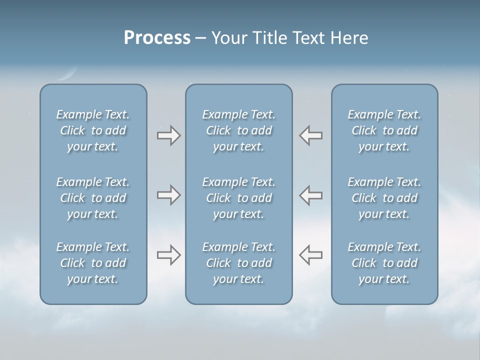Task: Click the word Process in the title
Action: pyautogui.click(x=157, y=37)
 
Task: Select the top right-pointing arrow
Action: pyautogui.click(x=168, y=135)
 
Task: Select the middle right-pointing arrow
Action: pyautogui.click(x=168, y=195)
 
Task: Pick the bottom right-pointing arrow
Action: pyautogui.click(x=168, y=255)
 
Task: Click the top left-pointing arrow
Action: pyautogui.click(x=311, y=135)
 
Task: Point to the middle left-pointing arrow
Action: pyautogui.click(x=311, y=195)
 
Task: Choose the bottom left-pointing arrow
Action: pyautogui.click(x=311, y=255)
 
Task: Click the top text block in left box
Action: pyautogui.click(x=93, y=130)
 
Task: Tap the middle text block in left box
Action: pyautogui.click(x=93, y=198)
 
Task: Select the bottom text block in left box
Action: pyautogui.click(x=93, y=263)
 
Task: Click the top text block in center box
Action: pyautogui.click(x=238, y=130)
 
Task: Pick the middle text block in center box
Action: pyautogui.click(x=238, y=198)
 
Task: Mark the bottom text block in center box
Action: pyautogui.click(x=238, y=263)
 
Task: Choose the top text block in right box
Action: pyautogui.click(x=384, y=130)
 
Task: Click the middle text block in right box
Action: pyautogui.click(x=384, y=198)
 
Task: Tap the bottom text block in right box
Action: pyautogui.click(x=384, y=263)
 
